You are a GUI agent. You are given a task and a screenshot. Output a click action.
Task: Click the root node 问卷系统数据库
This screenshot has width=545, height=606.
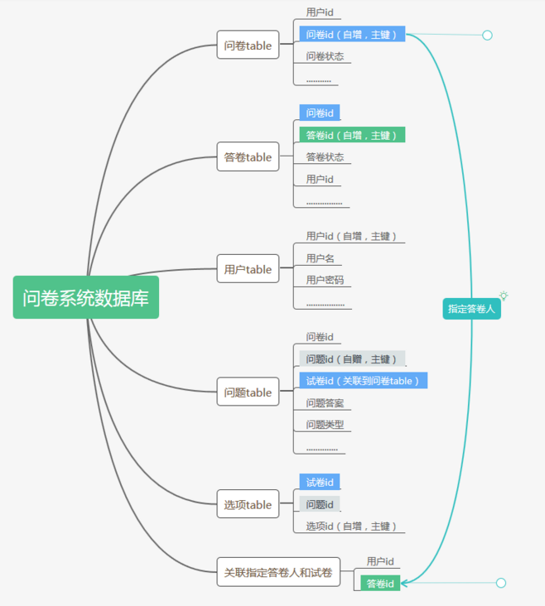[85, 298]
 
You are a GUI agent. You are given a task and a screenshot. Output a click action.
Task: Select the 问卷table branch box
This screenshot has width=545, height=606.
[248, 46]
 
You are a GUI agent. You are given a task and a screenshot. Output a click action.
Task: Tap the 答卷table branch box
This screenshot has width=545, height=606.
[248, 157]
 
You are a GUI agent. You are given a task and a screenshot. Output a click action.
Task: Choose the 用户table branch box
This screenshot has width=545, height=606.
[248, 269]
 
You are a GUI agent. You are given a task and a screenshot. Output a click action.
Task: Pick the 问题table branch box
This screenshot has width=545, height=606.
[248, 392]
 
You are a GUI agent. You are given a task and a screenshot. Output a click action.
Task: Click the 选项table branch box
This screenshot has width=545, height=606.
[248, 505]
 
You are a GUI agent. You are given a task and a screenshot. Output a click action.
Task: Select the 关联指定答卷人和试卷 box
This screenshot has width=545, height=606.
[278, 572]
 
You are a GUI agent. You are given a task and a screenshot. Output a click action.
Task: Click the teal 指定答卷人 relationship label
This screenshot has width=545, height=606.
[471, 309]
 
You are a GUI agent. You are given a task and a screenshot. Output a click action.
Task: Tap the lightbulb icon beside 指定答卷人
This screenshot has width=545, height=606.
[503, 296]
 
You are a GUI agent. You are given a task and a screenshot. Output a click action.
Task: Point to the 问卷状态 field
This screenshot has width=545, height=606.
[325, 57]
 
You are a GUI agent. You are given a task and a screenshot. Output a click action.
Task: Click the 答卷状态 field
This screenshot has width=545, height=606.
[325, 157]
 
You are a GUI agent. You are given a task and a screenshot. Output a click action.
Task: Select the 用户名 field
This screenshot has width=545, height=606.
[320, 258]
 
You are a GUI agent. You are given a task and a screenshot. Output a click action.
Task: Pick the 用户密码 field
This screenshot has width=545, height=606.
[325, 281]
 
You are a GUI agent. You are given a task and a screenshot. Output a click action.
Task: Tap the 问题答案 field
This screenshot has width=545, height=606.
[325, 403]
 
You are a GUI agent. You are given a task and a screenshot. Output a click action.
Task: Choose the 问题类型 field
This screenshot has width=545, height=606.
[325, 425]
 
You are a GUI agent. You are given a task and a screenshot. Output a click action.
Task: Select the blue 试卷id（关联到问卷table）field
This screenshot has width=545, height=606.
[363, 381]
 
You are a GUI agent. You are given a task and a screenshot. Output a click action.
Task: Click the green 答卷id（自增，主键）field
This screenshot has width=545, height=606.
[352, 135]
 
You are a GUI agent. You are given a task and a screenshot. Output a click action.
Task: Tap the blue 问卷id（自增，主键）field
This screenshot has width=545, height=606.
[352, 35]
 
